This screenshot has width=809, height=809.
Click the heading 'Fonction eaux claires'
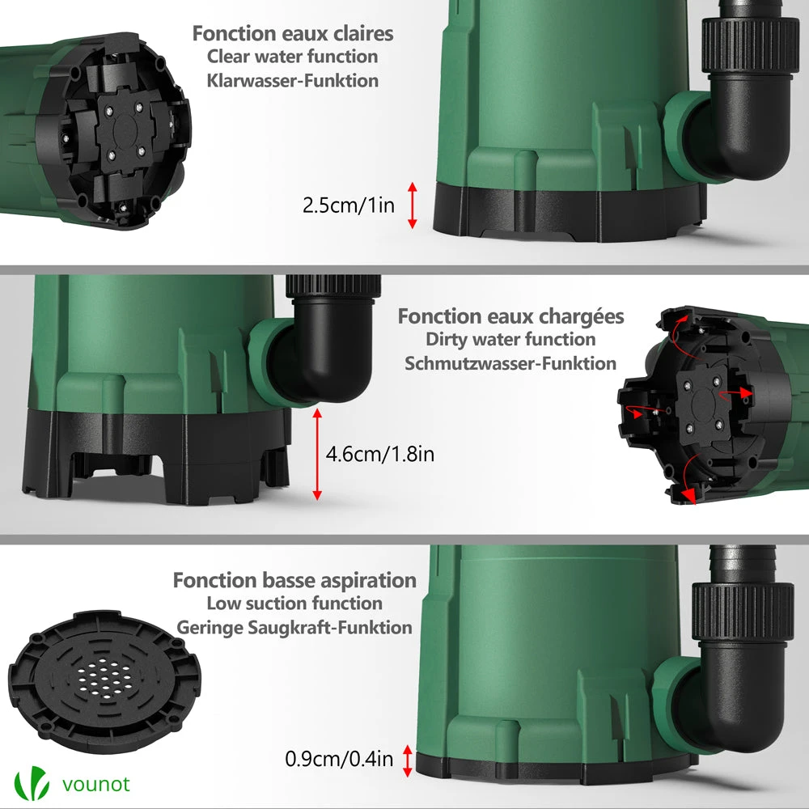pyautogui.click(x=293, y=33)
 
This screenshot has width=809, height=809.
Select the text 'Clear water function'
pyautogui.click(x=293, y=57)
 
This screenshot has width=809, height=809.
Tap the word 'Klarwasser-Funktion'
pyautogui.click(x=293, y=80)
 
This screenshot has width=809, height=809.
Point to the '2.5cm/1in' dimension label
pyautogui.click(x=348, y=205)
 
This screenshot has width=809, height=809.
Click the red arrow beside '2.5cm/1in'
pyautogui.click(x=413, y=205)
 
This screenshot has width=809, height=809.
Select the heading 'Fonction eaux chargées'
pyautogui.click(x=510, y=316)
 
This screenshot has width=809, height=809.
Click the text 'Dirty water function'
pyautogui.click(x=510, y=339)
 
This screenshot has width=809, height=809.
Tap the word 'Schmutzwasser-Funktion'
pyautogui.click(x=510, y=363)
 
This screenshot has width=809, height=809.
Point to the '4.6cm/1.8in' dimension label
pyautogui.click(x=380, y=454)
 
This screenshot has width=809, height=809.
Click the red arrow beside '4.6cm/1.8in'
pyautogui.click(x=317, y=454)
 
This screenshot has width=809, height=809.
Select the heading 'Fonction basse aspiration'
pyautogui.click(x=294, y=580)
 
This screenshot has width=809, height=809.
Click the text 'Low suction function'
pyautogui.click(x=294, y=604)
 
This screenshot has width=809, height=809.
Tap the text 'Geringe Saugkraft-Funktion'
pyautogui.click(x=294, y=628)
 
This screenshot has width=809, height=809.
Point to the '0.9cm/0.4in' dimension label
pyautogui.click(x=339, y=759)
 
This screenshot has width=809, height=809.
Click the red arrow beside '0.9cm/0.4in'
pyautogui.click(x=407, y=761)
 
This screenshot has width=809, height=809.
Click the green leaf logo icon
pyautogui.click(x=32, y=783)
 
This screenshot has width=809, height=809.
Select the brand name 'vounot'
pyautogui.click(x=96, y=784)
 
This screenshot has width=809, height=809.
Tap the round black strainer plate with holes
pyautogui.click(x=104, y=681)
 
